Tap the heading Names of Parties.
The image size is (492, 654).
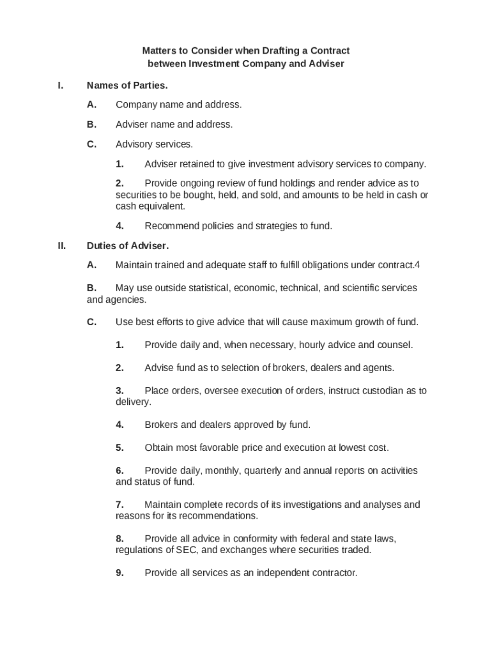click(x=127, y=85)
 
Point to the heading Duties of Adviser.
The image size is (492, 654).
click(x=128, y=245)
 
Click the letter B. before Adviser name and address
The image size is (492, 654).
click(x=92, y=125)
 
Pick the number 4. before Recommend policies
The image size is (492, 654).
click(x=119, y=226)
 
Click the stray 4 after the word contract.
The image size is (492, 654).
click(x=417, y=265)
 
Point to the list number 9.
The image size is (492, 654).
click(x=119, y=573)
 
